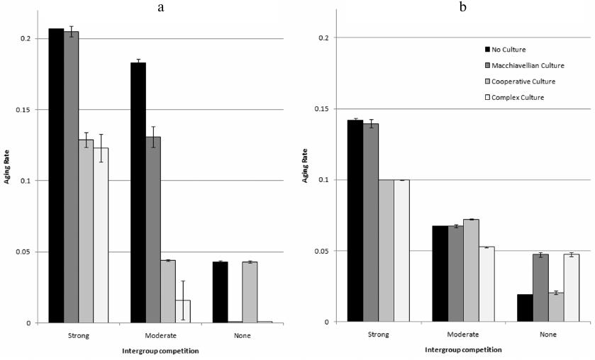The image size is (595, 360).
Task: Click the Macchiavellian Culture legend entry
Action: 524,65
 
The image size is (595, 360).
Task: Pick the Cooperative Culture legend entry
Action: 521,81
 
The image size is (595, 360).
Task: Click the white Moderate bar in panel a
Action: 183,311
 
